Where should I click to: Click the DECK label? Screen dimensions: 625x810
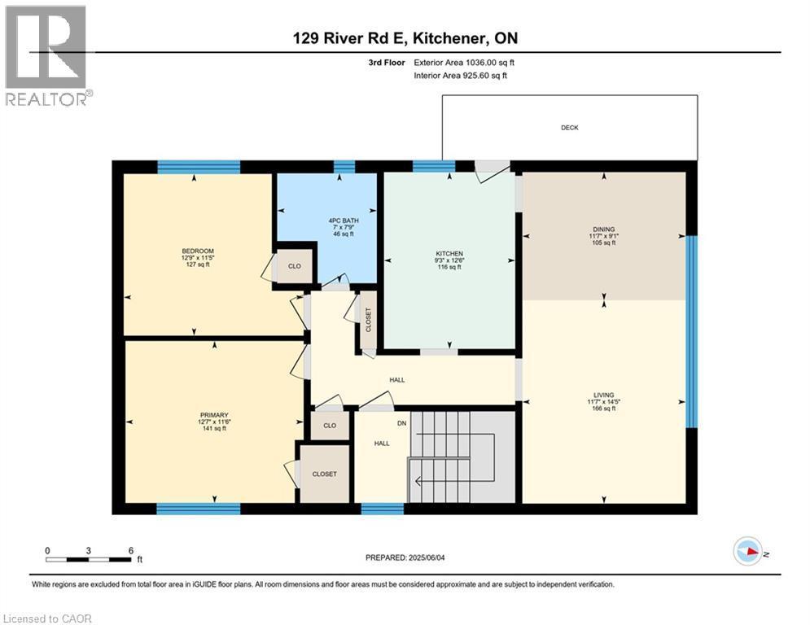569,128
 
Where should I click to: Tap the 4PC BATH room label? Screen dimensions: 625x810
345,220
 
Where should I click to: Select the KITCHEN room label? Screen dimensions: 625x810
449,254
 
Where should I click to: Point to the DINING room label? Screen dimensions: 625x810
603,229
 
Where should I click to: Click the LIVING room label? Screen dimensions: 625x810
603,395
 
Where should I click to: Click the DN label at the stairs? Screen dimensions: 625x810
401,423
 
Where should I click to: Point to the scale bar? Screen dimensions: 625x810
90,558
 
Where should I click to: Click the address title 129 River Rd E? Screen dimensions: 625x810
405,38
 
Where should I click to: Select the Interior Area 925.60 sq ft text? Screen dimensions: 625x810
460,76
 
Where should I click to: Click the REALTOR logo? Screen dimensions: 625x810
46,55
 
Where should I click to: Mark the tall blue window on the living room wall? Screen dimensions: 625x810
691,331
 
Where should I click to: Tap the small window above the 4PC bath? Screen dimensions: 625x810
344,166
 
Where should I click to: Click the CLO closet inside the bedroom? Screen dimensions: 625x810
295,266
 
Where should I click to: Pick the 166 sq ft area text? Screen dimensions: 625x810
603,409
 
